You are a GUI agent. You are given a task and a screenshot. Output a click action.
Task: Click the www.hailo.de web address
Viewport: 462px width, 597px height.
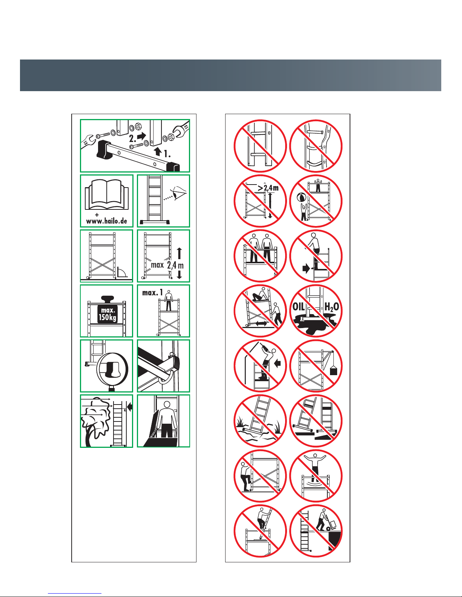(106, 221)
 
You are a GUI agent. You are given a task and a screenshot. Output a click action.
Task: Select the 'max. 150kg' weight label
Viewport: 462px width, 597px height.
(108, 314)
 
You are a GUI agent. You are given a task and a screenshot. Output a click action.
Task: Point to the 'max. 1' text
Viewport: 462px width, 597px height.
(152, 293)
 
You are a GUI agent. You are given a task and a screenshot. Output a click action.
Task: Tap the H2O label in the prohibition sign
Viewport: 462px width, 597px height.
(332, 307)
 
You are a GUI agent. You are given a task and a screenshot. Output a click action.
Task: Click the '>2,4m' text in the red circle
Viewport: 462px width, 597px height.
(268, 188)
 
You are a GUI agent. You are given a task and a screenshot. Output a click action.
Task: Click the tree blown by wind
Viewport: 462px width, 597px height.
(95, 421)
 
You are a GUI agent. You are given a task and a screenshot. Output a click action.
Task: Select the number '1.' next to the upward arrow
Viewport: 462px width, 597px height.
(167, 154)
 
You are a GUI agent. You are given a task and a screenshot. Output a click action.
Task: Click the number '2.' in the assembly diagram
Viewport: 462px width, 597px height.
(132, 139)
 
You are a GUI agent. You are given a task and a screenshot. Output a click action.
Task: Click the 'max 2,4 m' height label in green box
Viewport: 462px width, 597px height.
(167, 265)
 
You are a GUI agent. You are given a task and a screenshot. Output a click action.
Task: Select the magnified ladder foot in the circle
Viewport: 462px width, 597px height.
(112, 369)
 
